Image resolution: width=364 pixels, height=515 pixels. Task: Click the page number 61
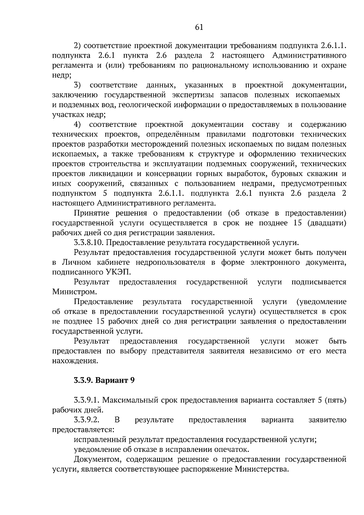tap(199, 28)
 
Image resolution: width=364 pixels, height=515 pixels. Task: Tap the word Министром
tap(75, 292)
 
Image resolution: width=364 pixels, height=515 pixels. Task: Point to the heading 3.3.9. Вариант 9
tap(104, 380)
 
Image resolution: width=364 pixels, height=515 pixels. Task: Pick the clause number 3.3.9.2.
tap(87, 420)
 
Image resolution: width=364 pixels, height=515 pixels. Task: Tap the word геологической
tap(146, 105)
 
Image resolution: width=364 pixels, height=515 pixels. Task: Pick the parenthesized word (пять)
tap(335, 400)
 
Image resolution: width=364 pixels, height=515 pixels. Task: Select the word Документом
tap(96, 459)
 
